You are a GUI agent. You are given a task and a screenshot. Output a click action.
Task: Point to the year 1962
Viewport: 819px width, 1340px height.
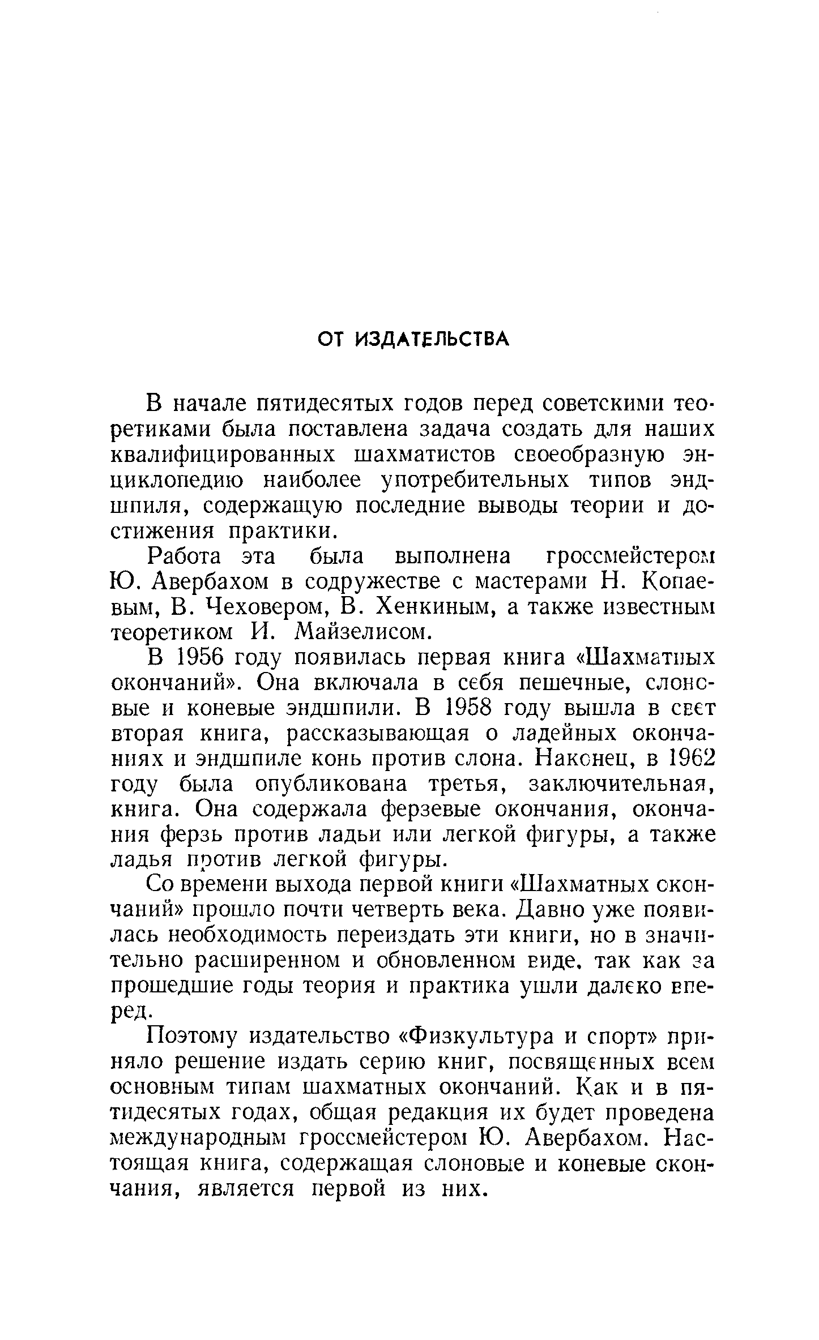(684, 760)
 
